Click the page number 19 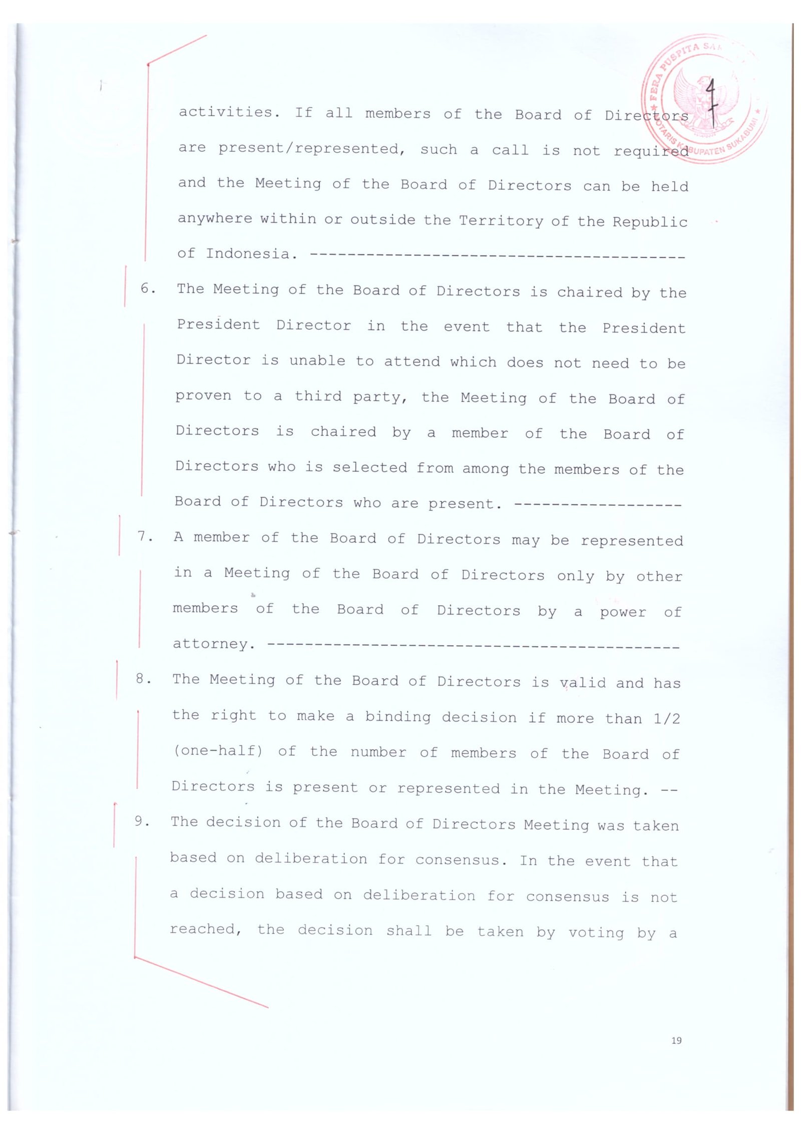click(x=676, y=1041)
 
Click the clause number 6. click(x=147, y=289)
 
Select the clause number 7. click(x=145, y=536)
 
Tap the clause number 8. click(x=143, y=679)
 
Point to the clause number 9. click(x=142, y=821)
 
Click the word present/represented click(x=312, y=149)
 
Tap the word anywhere click(x=215, y=218)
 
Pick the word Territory click(x=501, y=221)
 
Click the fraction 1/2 click(x=667, y=719)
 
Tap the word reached click(x=206, y=929)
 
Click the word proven click(x=203, y=396)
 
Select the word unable click(x=317, y=361)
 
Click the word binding click(x=397, y=717)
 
